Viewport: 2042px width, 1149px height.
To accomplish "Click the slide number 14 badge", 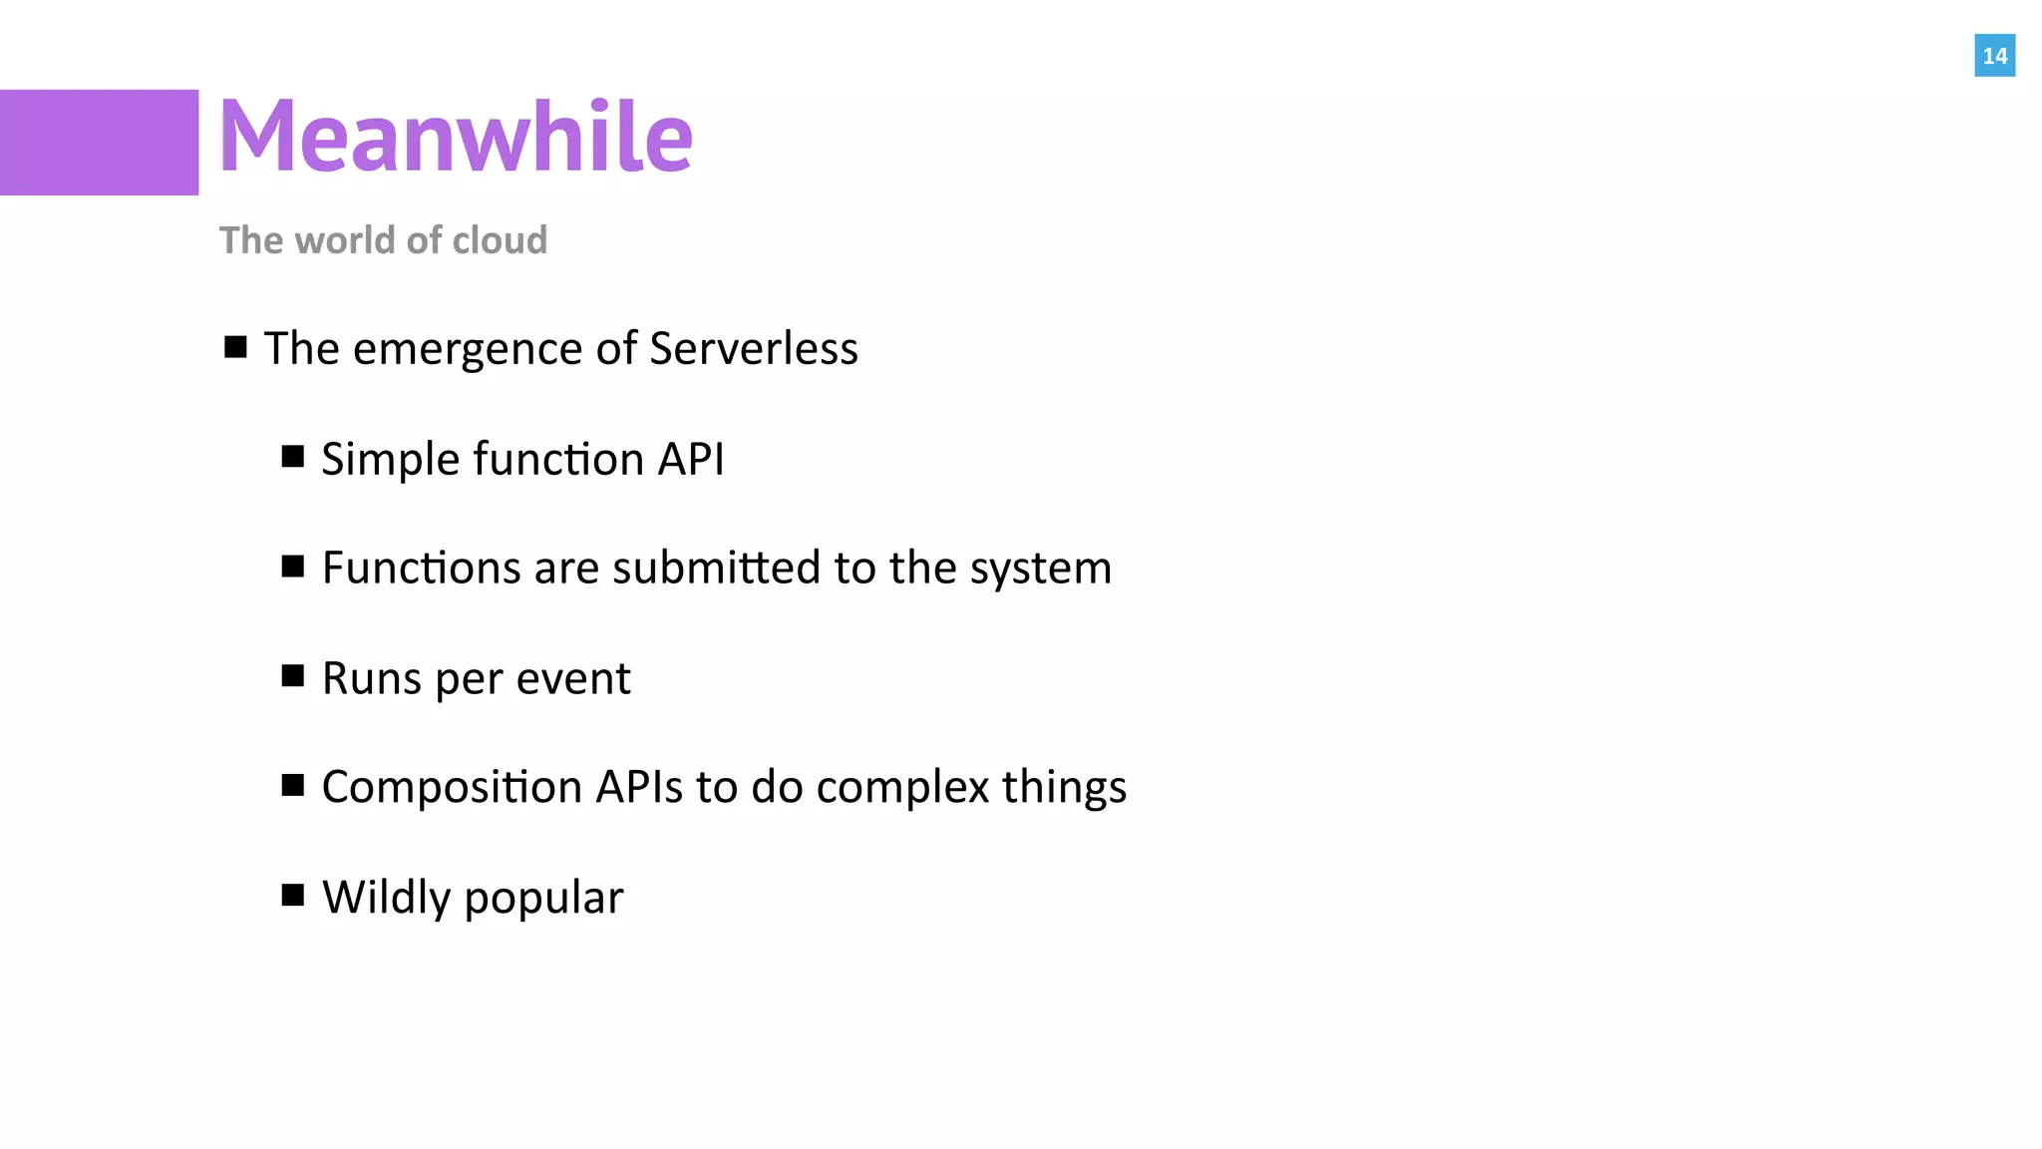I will [x=1994, y=56].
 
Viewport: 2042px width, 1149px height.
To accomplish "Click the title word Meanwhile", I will [x=455, y=137].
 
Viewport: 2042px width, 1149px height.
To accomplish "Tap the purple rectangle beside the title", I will [x=99, y=143].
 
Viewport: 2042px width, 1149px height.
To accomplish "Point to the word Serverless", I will [x=753, y=349].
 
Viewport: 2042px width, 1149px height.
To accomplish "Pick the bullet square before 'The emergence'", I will [x=235, y=347].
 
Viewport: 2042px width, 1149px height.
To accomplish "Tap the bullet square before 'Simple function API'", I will [x=292, y=457].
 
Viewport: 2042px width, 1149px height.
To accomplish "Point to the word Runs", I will [x=372, y=679].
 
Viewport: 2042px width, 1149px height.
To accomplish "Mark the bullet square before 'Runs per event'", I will [x=292, y=676].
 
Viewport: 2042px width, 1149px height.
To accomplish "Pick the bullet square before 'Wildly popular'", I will [x=292, y=895].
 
